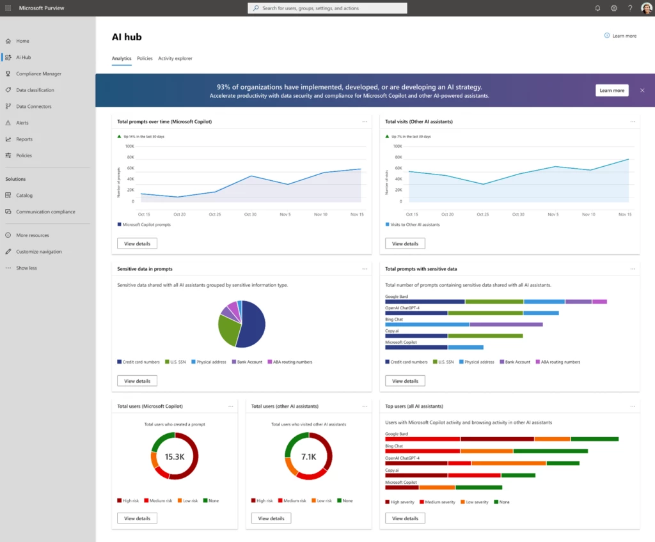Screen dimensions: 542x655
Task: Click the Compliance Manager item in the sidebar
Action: point(38,74)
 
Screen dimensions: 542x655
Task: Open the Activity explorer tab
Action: point(175,58)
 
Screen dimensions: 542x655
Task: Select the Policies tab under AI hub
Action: point(145,58)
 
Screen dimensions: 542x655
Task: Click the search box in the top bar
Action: point(327,8)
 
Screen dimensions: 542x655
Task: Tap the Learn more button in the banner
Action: point(612,90)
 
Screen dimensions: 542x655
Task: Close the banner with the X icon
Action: point(642,90)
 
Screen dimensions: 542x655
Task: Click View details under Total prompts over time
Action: point(137,244)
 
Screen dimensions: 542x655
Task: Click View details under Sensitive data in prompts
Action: point(137,381)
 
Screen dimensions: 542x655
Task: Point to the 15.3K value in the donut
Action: point(174,456)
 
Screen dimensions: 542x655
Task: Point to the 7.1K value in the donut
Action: point(308,456)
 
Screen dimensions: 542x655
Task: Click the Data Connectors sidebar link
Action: point(33,106)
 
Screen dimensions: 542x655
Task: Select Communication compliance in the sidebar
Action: point(45,212)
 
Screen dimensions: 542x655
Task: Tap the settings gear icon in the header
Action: point(614,8)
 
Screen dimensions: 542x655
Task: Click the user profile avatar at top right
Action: point(646,8)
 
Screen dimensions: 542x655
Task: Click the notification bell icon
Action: point(597,8)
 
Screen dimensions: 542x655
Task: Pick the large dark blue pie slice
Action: point(252,326)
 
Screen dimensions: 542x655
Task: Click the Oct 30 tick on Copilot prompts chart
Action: point(250,214)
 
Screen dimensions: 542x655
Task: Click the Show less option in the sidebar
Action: point(26,268)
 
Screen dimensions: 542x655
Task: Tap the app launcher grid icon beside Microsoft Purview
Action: point(8,8)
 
